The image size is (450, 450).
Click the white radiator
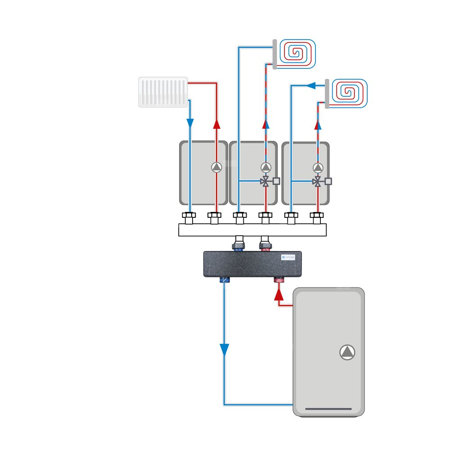pyautogui.click(x=163, y=92)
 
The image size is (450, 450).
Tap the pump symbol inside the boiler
pyautogui.click(x=347, y=352)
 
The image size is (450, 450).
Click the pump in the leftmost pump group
pyautogui.click(x=216, y=167)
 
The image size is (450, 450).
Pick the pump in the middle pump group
pyautogui.click(x=266, y=167)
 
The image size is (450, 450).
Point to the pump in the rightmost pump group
pyautogui.click(x=318, y=167)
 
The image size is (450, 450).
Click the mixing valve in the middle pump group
pyautogui.click(x=266, y=182)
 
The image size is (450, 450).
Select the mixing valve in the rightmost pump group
pyautogui.click(x=318, y=182)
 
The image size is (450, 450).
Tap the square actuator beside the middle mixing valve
pyautogui.click(x=276, y=181)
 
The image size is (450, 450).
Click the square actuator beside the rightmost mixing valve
pyautogui.click(x=328, y=181)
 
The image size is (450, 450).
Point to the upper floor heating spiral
pyautogui.click(x=297, y=53)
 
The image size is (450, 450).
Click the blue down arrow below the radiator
pyautogui.click(x=190, y=122)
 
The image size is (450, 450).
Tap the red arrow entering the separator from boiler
pyautogui.click(x=279, y=295)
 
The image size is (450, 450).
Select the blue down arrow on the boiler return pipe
pyautogui.click(x=224, y=349)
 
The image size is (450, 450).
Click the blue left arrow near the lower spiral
pyautogui.click(x=310, y=85)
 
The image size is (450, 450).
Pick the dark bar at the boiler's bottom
pyautogui.click(x=328, y=409)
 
